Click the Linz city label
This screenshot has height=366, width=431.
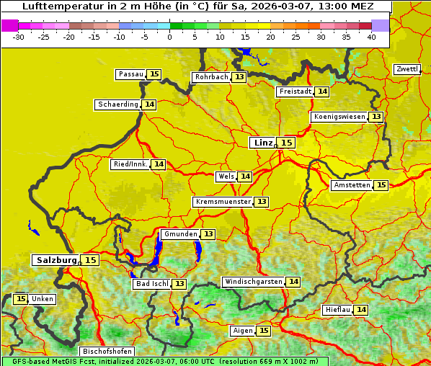point(263,143)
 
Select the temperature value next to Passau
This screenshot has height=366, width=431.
point(154,74)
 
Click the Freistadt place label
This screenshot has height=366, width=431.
point(296,91)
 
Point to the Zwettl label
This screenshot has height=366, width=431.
point(406,69)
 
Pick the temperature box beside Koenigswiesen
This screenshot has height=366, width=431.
point(376,117)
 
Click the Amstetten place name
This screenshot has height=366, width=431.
point(352,185)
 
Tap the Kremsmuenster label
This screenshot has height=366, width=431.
point(223,202)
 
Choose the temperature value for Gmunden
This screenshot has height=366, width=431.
point(208,234)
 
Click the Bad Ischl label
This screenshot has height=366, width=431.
point(151,284)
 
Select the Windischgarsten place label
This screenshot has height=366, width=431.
point(252,282)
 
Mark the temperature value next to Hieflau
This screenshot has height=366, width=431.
point(361,310)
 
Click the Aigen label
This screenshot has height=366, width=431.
point(243,331)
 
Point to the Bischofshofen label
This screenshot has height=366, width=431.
point(107,351)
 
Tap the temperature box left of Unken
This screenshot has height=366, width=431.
point(20,299)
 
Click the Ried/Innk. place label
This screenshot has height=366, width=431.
point(130,164)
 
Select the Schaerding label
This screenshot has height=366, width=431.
point(118,104)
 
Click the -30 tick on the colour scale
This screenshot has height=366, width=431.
point(19,37)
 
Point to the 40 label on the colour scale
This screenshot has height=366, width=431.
point(371,37)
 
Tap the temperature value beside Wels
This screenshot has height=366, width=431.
point(246,177)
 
